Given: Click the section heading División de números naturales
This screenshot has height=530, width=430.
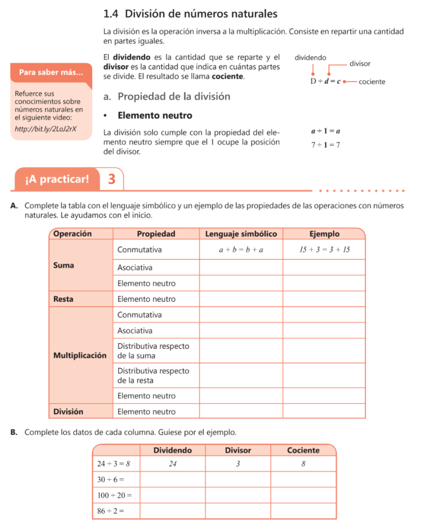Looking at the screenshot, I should pyautogui.click(x=191, y=13).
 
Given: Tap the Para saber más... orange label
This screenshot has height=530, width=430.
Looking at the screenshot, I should pyautogui.click(x=51, y=72).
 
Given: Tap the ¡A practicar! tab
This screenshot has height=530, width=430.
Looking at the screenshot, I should pyautogui.click(x=57, y=179).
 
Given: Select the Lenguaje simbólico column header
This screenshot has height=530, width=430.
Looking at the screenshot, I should pyautogui.click(x=241, y=234).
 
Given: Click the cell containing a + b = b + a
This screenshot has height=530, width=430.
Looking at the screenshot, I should pyautogui.click(x=241, y=250).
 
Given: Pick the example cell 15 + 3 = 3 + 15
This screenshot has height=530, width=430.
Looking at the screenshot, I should pyautogui.click(x=325, y=250).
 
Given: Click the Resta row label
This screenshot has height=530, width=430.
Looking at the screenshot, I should pyautogui.click(x=63, y=299).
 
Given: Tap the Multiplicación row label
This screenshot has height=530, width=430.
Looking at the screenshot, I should pyautogui.click(x=80, y=356).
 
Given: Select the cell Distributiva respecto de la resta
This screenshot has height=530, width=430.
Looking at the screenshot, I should pyautogui.click(x=153, y=376).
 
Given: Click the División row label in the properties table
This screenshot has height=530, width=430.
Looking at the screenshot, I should pyautogui.click(x=68, y=411).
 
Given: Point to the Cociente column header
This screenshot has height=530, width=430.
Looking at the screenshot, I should pyautogui.click(x=303, y=450).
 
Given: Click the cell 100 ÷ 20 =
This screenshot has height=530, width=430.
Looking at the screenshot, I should pyautogui.click(x=115, y=495).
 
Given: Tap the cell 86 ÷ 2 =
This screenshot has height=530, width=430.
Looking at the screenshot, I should pyautogui.click(x=111, y=511).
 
